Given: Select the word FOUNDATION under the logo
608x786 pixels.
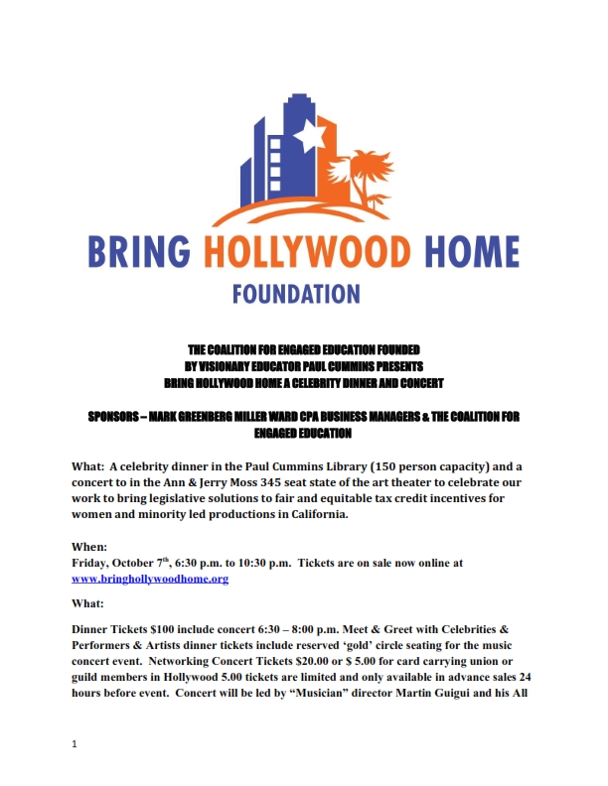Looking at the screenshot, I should pyautogui.click(x=296, y=295).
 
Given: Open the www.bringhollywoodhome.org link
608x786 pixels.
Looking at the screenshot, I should pyautogui.click(x=150, y=578).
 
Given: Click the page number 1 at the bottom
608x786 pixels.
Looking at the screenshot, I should pyautogui.click(x=75, y=742).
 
